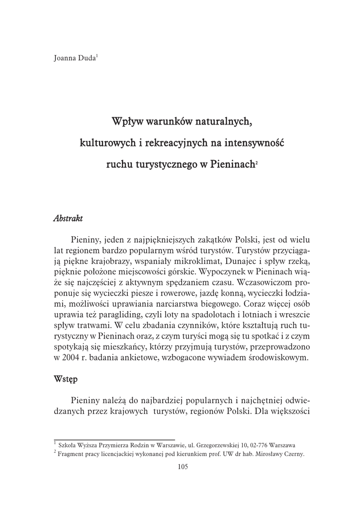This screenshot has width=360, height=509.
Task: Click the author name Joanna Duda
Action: [x=75, y=58]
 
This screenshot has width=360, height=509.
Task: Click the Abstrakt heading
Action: [x=68, y=219]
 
